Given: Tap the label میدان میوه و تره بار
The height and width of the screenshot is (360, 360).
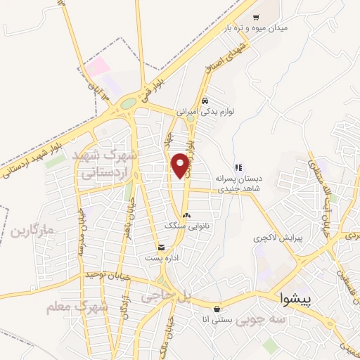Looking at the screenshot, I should coord(257,28).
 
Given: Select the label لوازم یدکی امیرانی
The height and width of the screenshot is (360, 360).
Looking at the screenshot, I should coord(209,111).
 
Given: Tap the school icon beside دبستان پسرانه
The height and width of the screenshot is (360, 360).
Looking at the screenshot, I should coord(239,167).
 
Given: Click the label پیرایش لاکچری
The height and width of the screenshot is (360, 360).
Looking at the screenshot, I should coord(278,238).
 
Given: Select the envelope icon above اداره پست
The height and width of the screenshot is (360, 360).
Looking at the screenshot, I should coord(162,247).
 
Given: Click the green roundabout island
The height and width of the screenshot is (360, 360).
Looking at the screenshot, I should coord(128,104).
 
